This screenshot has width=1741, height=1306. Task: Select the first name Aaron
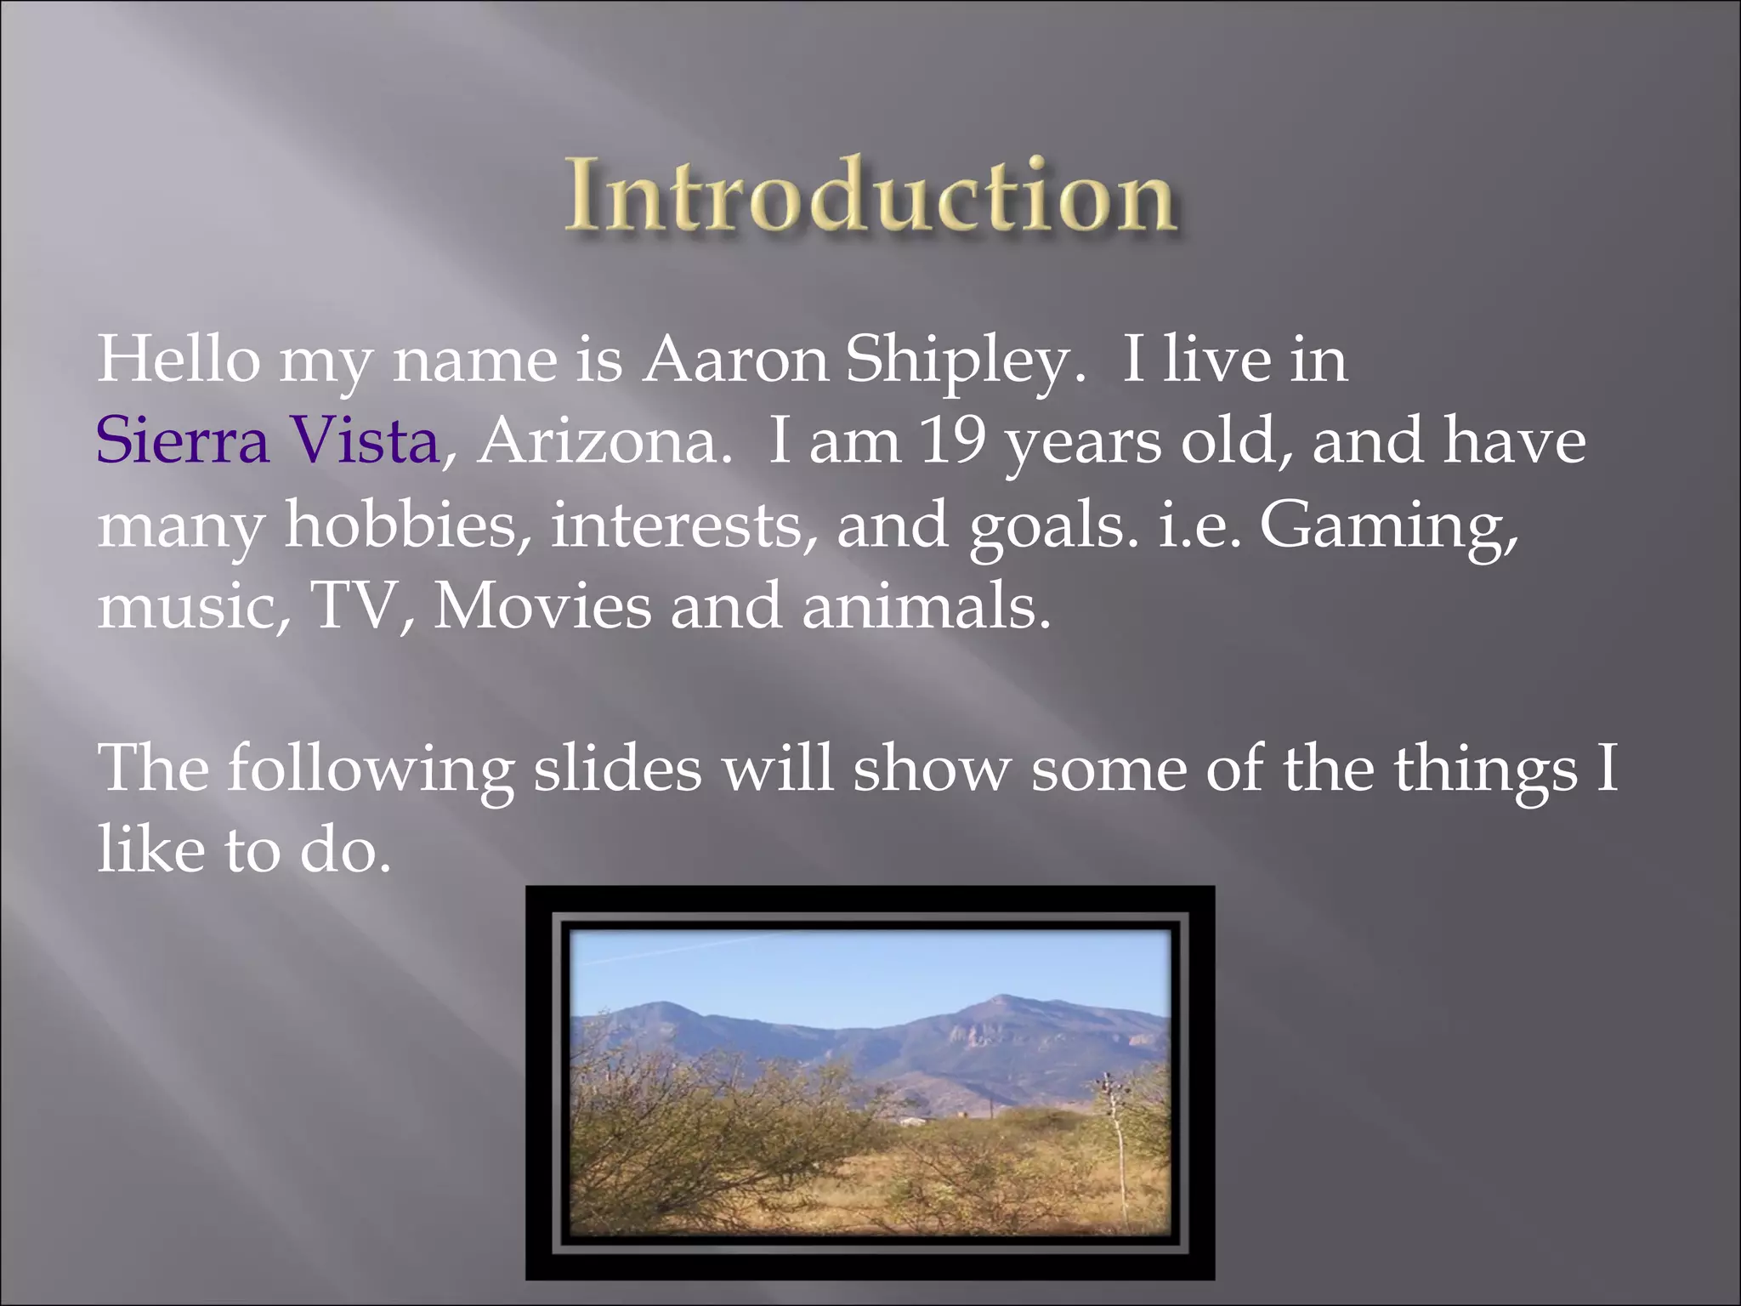pos(734,361)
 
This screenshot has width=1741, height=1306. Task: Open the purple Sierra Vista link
pos(267,442)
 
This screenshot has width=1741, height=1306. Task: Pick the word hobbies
pos(400,525)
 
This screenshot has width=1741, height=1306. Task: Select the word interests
pos(677,525)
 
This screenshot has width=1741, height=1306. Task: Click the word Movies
pos(542,606)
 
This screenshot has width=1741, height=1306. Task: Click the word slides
pos(617,769)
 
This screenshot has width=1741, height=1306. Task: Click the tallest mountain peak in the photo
pos(1003,997)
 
